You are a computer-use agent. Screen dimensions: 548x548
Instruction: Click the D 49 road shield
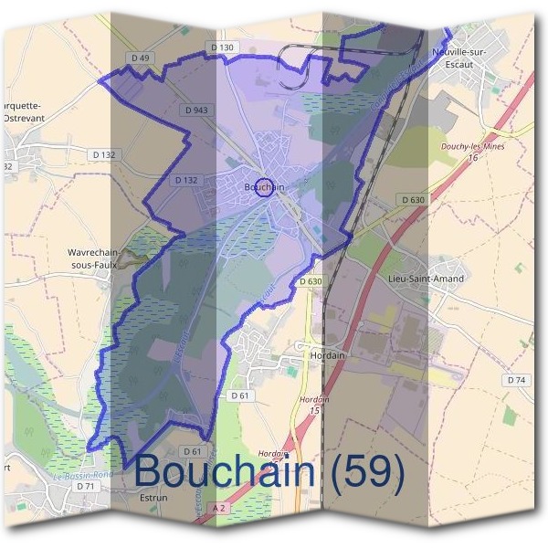click(140, 58)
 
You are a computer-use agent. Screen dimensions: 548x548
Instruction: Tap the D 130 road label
click(222, 47)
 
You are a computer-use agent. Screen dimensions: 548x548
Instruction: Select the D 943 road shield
click(195, 110)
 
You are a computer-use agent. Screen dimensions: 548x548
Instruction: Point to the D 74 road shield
click(517, 379)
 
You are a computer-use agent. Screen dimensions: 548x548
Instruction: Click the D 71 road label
click(86, 486)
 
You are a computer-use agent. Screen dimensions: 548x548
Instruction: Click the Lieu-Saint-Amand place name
click(426, 279)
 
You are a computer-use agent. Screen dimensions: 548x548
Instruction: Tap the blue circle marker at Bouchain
click(263, 186)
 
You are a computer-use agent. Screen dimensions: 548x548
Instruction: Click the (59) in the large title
click(365, 472)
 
